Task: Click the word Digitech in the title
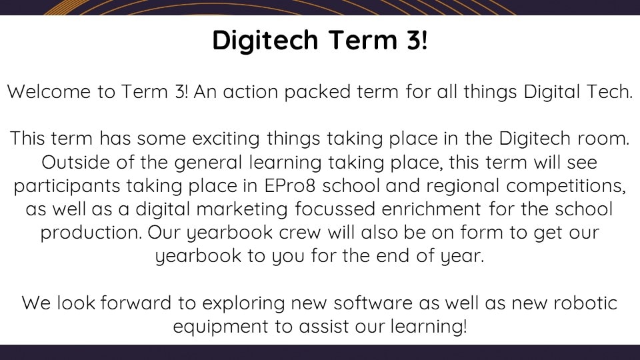(x=265, y=41)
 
